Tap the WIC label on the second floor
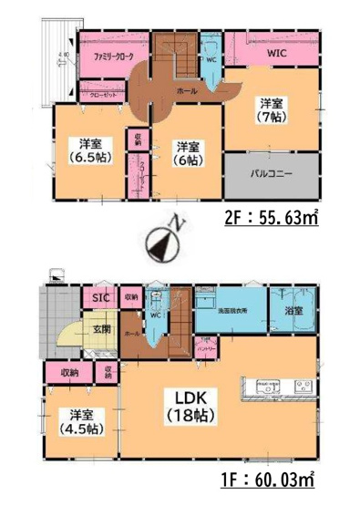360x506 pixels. pos(277,54)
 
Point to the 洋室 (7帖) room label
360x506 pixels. pos(273,110)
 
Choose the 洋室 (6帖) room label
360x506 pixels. pos(189,152)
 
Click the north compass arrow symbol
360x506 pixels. pos(161,242)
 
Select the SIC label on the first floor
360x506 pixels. pos(97,296)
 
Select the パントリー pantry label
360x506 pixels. pos(206,349)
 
